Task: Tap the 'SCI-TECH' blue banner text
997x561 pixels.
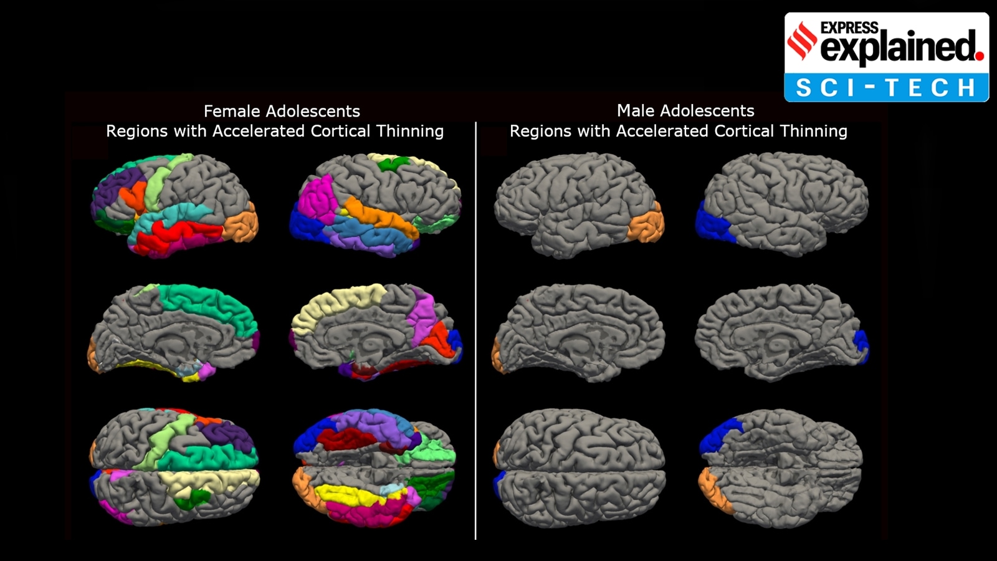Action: click(885, 87)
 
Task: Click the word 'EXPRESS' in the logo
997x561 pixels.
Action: click(849, 27)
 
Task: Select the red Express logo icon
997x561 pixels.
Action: click(802, 41)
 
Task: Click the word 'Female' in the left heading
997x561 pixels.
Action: click(232, 111)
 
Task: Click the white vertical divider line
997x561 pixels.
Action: click(475, 330)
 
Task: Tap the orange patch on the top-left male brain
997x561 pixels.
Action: click(646, 226)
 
